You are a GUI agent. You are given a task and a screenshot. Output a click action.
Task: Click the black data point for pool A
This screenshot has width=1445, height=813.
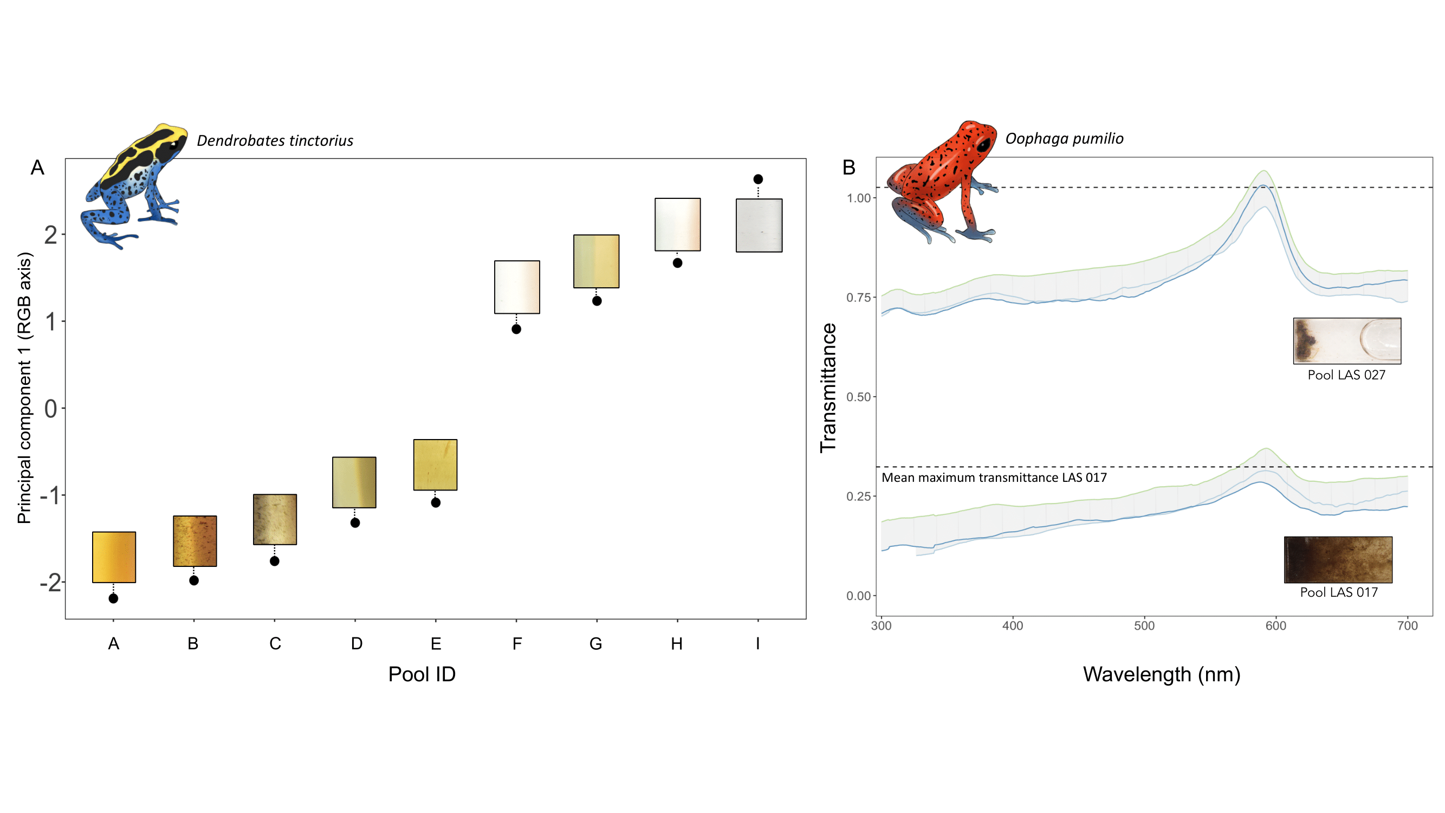113,599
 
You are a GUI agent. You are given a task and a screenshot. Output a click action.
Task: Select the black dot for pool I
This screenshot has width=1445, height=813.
758,179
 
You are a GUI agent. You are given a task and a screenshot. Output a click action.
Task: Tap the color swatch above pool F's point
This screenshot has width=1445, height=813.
517,287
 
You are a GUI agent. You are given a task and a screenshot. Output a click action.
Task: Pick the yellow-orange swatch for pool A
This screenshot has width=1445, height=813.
114,557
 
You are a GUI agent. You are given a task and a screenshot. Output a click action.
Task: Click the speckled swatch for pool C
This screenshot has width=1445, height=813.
275,520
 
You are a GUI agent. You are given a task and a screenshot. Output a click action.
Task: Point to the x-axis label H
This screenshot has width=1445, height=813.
677,643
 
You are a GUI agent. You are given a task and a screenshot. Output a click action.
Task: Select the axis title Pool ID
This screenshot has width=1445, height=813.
422,674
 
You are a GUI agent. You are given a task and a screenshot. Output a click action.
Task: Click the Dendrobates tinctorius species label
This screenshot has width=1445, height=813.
275,140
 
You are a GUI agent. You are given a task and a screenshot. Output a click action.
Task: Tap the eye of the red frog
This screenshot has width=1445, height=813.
984,144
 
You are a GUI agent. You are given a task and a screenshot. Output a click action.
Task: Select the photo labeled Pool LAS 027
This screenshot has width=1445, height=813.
1347,340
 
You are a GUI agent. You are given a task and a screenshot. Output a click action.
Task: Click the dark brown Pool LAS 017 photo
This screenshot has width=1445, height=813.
1338,559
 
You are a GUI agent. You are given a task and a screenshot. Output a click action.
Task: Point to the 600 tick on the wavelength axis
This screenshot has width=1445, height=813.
1275,625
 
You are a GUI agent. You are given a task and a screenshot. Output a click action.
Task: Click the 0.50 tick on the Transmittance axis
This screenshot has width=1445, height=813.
858,397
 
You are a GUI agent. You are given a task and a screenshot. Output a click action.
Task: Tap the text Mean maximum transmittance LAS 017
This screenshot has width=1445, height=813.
994,478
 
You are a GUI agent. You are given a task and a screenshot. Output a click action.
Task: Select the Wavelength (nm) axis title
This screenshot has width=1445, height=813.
1161,674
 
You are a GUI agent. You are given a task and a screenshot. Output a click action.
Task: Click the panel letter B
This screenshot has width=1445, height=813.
848,167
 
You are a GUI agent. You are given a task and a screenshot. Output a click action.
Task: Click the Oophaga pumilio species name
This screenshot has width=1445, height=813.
1064,139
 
